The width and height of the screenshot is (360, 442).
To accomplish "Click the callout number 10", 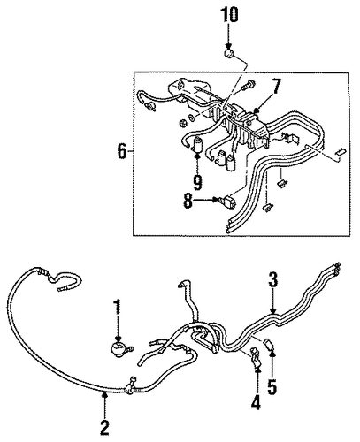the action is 229,15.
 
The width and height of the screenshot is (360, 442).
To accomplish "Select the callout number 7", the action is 276,86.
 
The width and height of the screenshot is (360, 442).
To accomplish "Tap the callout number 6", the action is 122,151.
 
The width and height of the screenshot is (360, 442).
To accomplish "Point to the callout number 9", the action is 197,182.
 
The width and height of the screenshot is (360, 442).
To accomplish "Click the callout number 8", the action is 188,202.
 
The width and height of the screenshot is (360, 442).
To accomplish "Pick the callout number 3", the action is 272,280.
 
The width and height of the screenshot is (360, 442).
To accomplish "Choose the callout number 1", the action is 118,307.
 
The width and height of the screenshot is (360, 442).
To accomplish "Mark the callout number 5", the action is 272,386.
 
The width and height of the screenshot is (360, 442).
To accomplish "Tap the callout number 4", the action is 256,402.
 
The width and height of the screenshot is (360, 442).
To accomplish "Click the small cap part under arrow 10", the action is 230,55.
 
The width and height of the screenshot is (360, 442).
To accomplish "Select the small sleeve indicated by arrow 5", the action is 270,343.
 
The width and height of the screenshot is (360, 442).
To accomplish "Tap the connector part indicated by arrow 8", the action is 228,201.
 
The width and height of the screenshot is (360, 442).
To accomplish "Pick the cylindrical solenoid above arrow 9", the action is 197,145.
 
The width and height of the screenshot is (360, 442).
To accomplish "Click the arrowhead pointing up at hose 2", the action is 104,395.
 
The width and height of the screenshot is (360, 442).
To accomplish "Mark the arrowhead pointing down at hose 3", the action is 272,310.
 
